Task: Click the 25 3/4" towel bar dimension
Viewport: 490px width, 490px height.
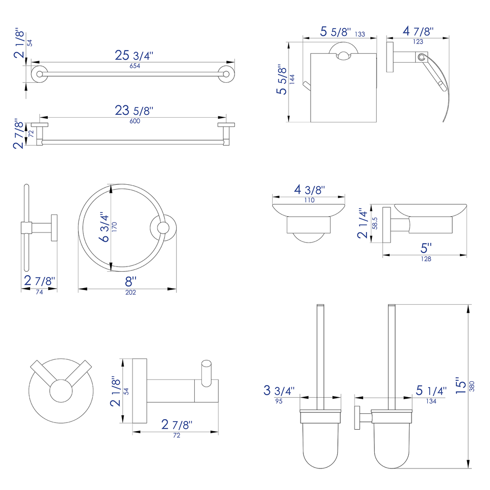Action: coord(134,56)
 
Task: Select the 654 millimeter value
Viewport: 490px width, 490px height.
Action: coord(135,66)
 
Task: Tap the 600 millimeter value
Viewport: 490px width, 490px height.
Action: coord(135,121)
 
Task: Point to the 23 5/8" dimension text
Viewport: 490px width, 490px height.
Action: coord(134,111)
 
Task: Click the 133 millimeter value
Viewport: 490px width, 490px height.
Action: coord(360,34)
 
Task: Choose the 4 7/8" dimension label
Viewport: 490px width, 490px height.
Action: coord(418,31)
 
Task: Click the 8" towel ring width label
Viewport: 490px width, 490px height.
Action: coord(131,281)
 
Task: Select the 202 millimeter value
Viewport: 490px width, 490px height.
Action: coord(131,292)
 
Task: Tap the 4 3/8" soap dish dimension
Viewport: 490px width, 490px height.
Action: coord(310,189)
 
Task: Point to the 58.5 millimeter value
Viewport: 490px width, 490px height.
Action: coord(375,223)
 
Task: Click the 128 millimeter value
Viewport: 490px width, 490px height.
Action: coord(426,259)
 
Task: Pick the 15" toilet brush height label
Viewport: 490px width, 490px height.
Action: coord(461,386)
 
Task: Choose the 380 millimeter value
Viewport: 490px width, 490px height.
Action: coord(472,386)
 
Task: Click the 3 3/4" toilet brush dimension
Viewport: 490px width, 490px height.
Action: coord(279,390)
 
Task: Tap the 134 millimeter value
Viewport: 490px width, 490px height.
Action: coord(431,401)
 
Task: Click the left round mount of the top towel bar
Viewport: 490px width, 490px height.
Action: coord(39,74)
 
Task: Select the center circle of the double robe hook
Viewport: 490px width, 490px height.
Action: coord(61,391)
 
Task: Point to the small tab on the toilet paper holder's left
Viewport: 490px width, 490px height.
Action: coord(306,87)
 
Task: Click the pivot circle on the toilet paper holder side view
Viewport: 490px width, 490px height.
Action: coord(421,57)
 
